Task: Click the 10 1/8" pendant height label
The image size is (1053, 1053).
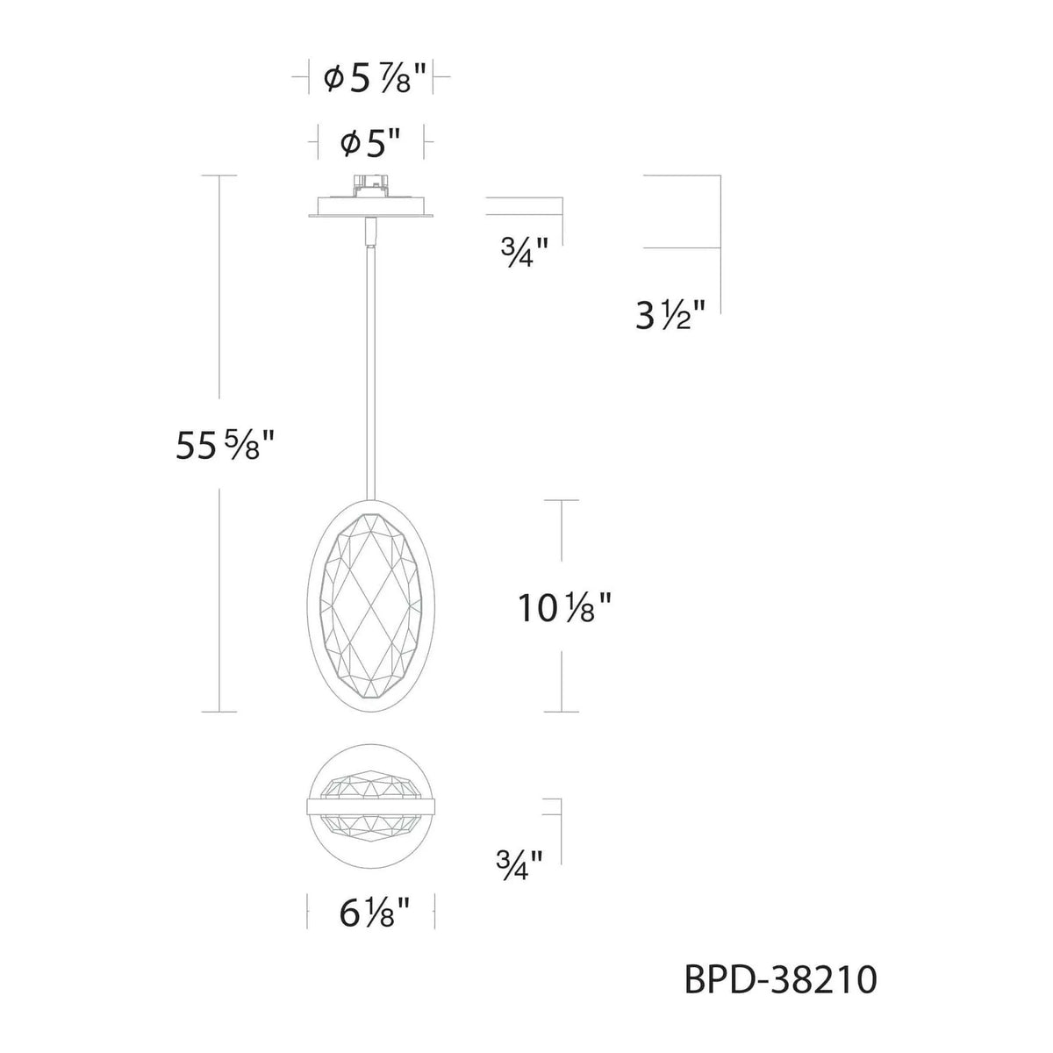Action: [x=562, y=607]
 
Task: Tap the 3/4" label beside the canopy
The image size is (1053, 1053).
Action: [x=524, y=254]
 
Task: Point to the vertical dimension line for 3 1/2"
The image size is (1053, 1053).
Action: [x=720, y=237]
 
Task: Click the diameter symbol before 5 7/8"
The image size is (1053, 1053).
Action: [x=333, y=81]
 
